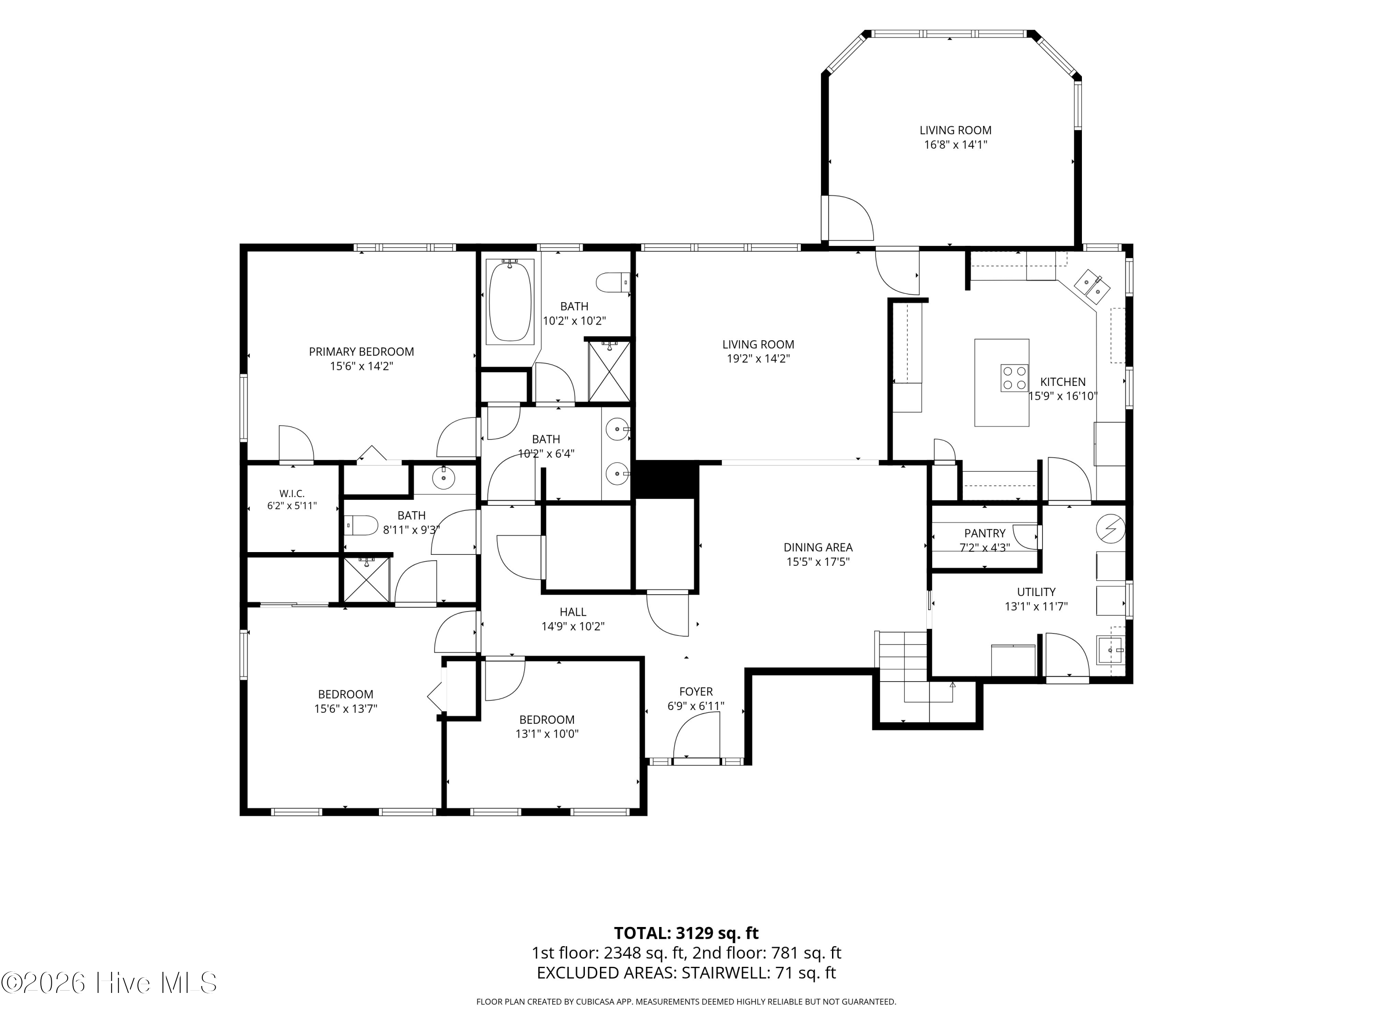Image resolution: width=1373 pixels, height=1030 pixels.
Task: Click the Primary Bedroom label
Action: coord(361,352)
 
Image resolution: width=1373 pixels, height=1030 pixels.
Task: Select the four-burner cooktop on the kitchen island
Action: coord(1014,378)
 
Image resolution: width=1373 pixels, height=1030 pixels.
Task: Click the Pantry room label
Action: coord(984,533)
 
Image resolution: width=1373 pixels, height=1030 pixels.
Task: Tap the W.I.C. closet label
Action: coord(292,493)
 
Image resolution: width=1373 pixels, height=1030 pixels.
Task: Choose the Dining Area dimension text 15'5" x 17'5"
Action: coord(818,562)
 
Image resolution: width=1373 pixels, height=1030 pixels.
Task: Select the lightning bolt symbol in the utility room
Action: coord(1110,528)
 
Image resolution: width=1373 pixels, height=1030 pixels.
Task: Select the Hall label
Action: coord(573,612)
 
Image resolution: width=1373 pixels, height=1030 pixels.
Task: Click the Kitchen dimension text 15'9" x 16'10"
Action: coord(1063,396)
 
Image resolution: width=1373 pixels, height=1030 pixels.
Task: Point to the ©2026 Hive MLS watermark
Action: coord(109,983)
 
